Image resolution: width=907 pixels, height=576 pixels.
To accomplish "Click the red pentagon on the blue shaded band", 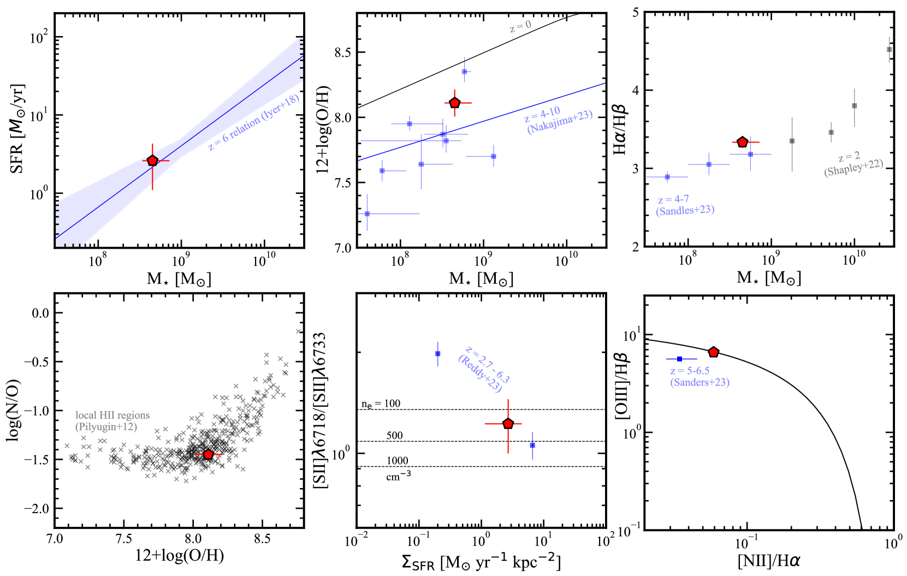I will pos(153,161).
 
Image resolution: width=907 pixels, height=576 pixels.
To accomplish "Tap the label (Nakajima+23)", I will pos(560,122).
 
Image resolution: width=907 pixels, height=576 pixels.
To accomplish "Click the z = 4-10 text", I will pos(542,115).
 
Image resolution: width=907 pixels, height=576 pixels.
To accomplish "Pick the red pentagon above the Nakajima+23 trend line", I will pos(455,103).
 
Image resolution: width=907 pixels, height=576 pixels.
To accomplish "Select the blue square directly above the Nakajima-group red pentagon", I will pos(465,72).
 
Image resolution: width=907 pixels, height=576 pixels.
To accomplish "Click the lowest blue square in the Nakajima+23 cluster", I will pos(367,214).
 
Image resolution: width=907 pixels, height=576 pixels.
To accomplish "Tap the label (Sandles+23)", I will pos(685,210).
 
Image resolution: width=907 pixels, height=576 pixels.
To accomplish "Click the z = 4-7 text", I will pos(673,200).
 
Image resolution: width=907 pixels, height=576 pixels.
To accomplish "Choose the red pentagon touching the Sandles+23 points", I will pos(743,142).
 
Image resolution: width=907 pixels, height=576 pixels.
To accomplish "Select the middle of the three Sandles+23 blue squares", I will pos(709,164).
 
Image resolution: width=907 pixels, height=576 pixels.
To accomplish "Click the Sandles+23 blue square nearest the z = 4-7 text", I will pos(667,177).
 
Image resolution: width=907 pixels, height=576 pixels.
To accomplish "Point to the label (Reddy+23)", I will pos(480,374).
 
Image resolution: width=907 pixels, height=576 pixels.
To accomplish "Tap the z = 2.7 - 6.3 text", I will pos(487,364).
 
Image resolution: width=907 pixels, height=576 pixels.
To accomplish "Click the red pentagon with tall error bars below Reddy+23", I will pos(508,424).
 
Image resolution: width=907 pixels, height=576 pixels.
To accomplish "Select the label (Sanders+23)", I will pos(700,382).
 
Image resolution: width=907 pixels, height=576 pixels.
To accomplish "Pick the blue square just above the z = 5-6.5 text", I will pos(679,359).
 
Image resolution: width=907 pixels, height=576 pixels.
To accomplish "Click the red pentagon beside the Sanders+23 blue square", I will pos(713,352).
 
